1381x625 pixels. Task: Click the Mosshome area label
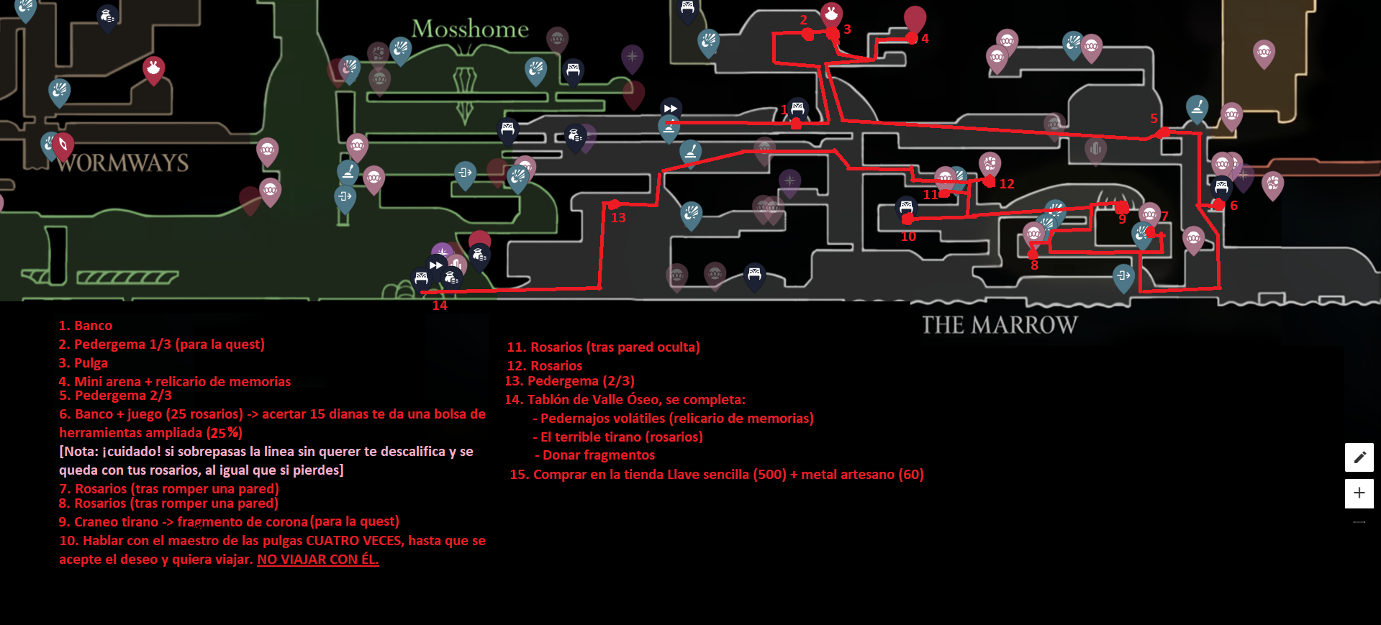click(x=470, y=29)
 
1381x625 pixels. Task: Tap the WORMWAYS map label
click(x=123, y=163)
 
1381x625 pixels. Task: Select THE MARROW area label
click(x=1000, y=325)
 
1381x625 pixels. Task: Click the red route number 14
click(x=440, y=306)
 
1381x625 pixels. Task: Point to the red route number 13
click(x=618, y=218)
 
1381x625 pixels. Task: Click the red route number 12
click(x=1007, y=184)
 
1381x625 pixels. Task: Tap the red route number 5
click(x=1154, y=119)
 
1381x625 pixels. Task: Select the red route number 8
click(x=1034, y=265)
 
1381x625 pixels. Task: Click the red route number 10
click(x=908, y=237)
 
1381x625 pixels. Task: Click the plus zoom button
click(x=1359, y=493)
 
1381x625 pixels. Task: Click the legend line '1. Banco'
click(x=86, y=326)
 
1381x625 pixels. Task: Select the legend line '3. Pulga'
click(x=83, y=363)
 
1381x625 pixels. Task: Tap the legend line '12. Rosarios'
click(x=545, y=366)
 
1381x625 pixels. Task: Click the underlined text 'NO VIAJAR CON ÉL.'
click(x=317, y=560)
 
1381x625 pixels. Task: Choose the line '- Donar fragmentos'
click(x=594, y=455)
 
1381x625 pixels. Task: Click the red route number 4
click(x=925, y=39)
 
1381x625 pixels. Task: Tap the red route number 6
click(x=1233, y=206)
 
